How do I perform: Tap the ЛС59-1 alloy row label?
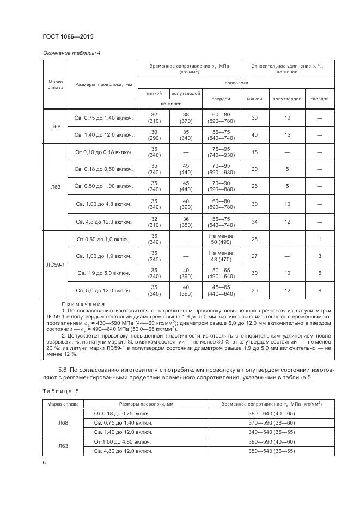point(56,266)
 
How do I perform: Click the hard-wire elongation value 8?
point(320,290)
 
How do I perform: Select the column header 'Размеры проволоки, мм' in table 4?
point(103,85)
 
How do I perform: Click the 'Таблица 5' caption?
point(60,391)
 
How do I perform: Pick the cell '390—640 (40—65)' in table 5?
point(271,414)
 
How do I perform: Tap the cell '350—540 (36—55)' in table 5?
point(271,451)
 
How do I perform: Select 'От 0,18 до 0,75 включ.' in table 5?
point(123,414)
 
